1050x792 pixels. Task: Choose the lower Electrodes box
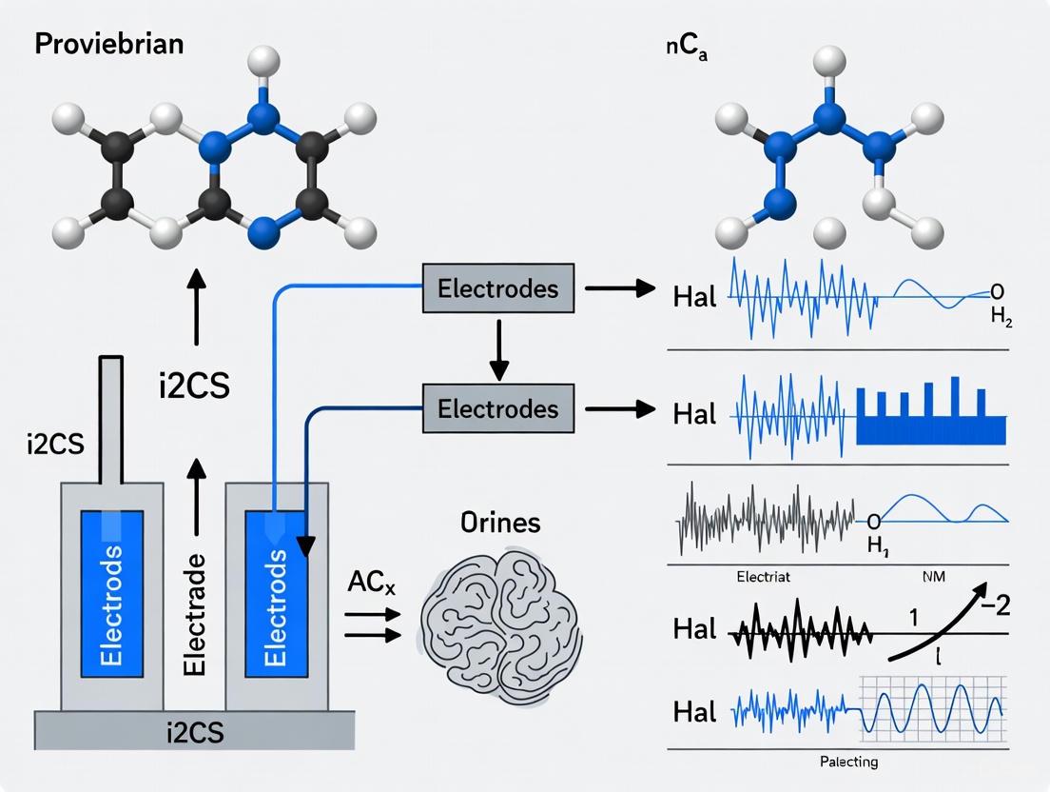pos(497,408)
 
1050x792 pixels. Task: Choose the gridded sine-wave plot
pos(931,709)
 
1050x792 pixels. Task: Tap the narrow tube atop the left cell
pos(111,419)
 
